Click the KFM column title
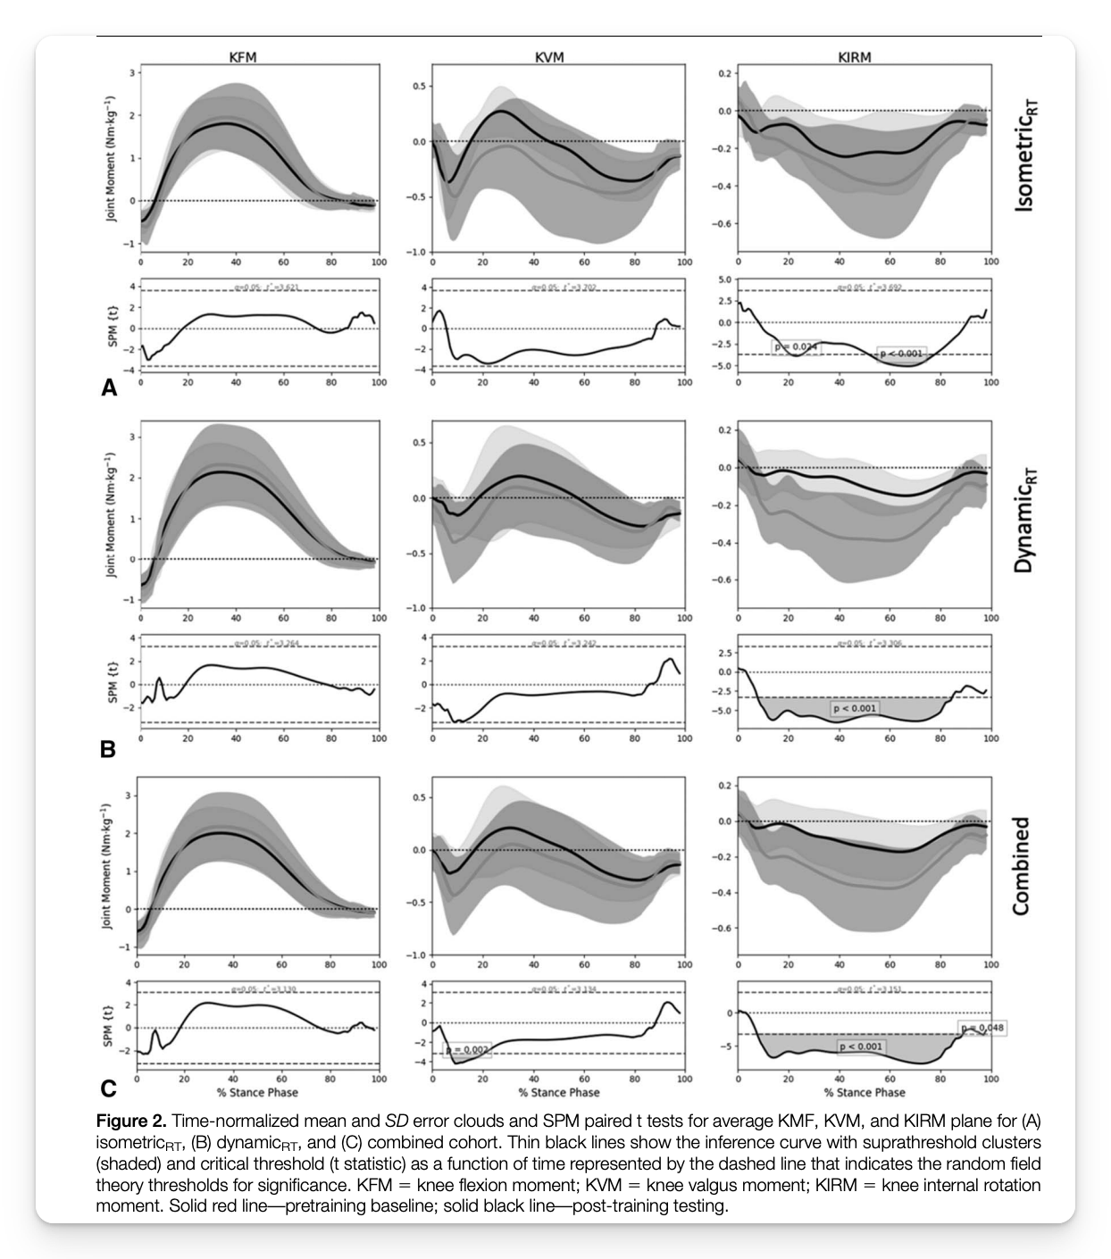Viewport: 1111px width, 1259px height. pyautogui.click(x=242, y=57)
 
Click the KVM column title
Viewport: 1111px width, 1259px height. pyautogui.click(x=549, y=57)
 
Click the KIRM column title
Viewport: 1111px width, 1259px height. pyautogui.click(x=854, y=57)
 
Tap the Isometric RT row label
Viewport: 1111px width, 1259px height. pyautogui.click(x=1024, y=155)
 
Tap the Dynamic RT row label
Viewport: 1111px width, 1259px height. pyautogui.click(x=1024, y=520)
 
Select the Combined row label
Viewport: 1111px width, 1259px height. pyautogui.click(x=1021, y=865)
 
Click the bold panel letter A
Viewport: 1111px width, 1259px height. pyautogui.click(x=109, y=388)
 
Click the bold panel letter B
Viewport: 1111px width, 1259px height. pyautogui.click(x=108, y=749)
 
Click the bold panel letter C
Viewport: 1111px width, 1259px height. pyautogui.click(x=108, y=1088)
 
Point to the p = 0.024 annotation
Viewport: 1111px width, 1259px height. pyautogui.click(x=795, y=346)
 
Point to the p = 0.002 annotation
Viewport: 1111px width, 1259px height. pyautogui.click(x=467, y=1050)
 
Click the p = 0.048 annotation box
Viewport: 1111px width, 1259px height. pyautogui.click(x=982, y=1028)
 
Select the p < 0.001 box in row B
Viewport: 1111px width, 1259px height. pyautogui.click(x=855, y=708)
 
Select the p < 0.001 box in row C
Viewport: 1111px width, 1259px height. pyautogui.click(x=861, y=1046)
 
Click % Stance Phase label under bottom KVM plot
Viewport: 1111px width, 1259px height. pyautogui.click(x=559, y=1092)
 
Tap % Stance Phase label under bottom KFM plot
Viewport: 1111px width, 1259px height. pyautogui.click(x=257, y=1092)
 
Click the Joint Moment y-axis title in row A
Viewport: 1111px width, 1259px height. pyautogui.click(x=111, y=158)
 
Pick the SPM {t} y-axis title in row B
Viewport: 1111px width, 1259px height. pyautogui.click(x=113, y=682)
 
